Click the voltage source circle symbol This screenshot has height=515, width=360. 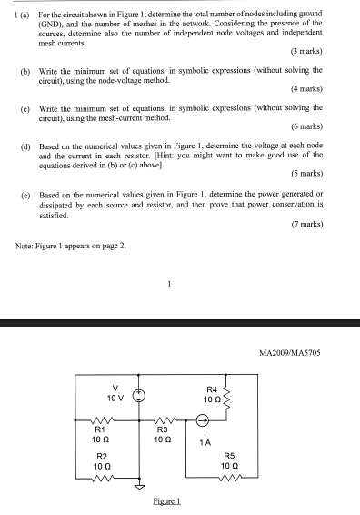pyautogui.click(x=139, y=396)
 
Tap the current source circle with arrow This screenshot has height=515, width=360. pyautogui.click(x=204, y=420)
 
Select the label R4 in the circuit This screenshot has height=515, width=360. pyautogui.click(x=211, y=389)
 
